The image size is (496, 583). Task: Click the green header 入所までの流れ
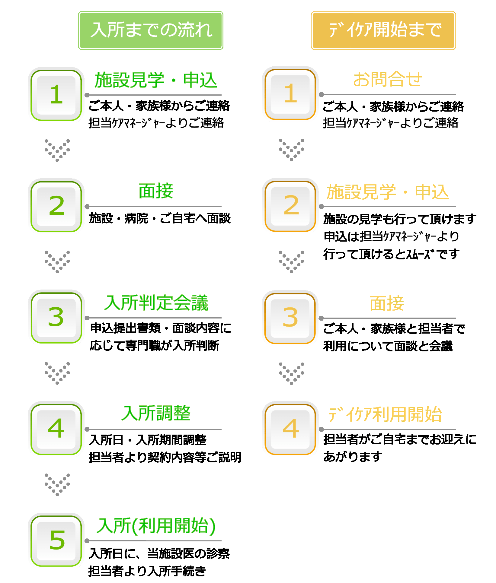point(151,30)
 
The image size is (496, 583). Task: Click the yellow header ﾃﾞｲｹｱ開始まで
point(383,30)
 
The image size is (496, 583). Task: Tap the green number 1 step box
point(56,95)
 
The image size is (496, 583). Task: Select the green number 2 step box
point(56,206)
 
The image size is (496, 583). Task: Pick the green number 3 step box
point(56,318)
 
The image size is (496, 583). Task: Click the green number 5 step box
point(56,540)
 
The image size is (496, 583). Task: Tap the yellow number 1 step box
point(290,94)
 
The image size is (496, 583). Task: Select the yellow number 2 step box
point(290,206)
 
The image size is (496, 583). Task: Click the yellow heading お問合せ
point(388,80)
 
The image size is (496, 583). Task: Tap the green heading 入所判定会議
point(156,303)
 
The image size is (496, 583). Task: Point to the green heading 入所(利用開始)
point(156,526)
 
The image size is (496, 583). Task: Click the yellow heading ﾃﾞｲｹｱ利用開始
point(385,414)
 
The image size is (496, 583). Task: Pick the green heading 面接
point(156,191)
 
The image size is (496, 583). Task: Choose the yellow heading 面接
point(387,303)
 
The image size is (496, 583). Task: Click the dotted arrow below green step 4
point(57,484)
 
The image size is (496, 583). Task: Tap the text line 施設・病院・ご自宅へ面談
point(160,218)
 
